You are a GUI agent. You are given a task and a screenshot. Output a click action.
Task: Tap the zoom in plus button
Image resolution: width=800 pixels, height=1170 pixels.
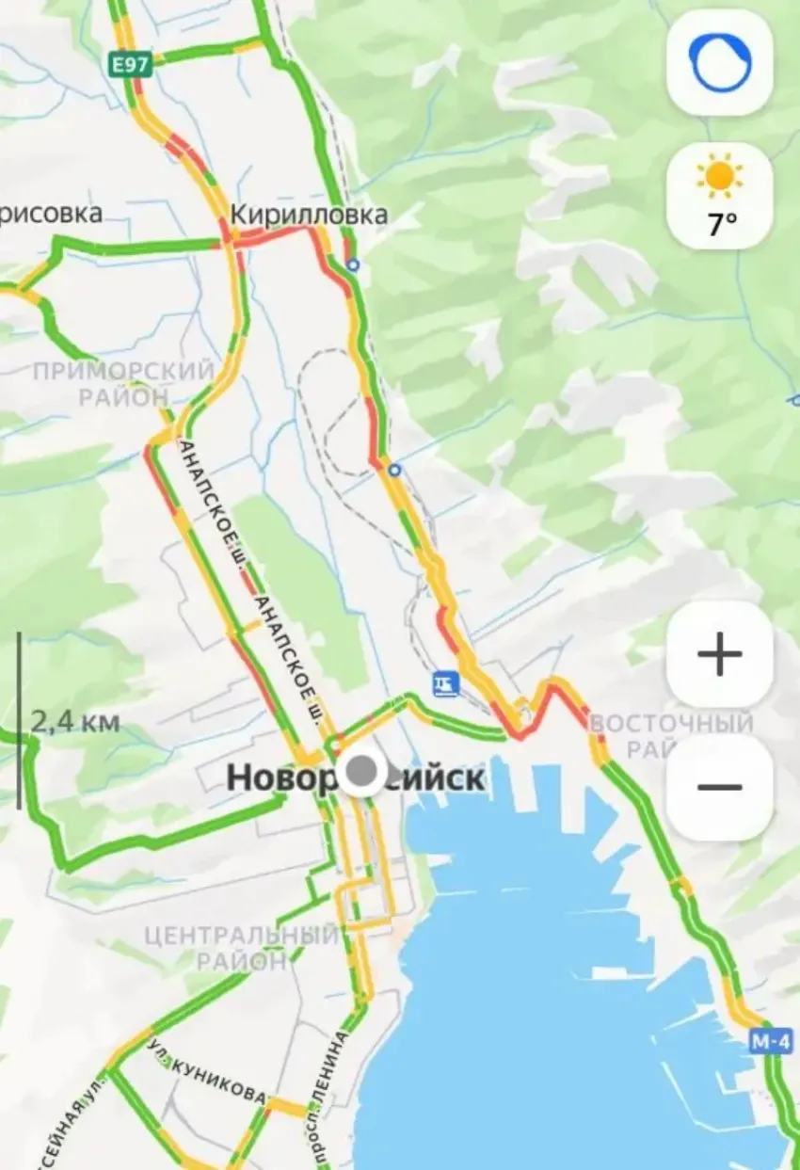(720, 654)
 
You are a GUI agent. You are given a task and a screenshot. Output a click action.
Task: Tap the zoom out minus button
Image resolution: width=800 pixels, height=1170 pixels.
(720, 787)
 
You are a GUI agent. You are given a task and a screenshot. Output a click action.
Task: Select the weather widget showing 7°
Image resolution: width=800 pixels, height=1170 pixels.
(720, 196)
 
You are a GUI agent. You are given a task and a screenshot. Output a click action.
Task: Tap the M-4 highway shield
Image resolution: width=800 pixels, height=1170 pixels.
(771, 1041)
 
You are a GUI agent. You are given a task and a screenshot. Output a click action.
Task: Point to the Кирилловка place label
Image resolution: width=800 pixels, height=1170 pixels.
(309, 215)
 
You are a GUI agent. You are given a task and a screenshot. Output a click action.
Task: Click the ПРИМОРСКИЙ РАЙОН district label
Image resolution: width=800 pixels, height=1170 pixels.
(123, 384)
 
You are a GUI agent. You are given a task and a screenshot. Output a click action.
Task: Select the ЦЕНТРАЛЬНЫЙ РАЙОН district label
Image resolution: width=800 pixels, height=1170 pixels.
(241, 948)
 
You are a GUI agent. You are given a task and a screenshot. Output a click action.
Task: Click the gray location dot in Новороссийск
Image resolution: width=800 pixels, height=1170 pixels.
(361, 773)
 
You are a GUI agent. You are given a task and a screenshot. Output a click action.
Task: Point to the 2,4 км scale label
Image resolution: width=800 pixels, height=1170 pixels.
(75, 722)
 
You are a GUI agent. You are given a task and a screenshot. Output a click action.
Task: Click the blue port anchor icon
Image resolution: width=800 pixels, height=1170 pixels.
(445, 681)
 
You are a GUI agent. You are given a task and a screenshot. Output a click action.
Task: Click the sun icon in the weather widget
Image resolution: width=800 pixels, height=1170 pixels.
(720, 176)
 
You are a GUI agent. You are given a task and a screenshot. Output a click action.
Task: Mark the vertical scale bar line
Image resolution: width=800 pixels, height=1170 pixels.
(18, 720)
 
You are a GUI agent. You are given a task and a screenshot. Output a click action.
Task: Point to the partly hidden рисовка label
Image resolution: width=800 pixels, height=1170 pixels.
(52, 214)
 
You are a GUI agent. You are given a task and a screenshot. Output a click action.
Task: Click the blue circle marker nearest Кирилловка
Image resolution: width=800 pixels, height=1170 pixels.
(353, 265)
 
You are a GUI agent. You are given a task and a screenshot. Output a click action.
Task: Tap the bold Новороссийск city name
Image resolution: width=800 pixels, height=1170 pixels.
(356, 778)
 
